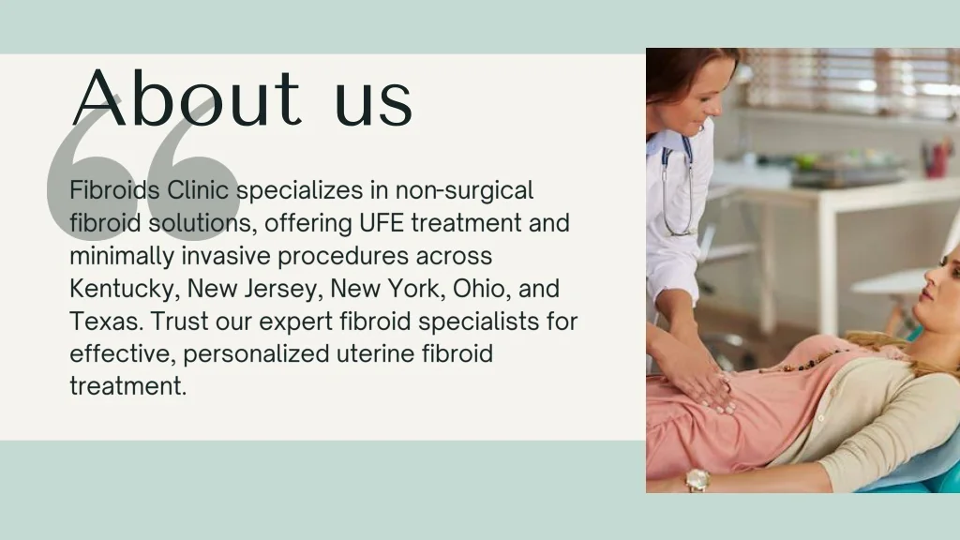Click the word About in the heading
pyautogui.click(x=187, y=97)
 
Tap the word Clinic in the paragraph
pyautogui.click(x=198, y=189)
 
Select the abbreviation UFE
pyautogui.click(x=382, y=223)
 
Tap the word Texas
pyautogui.click(x=106, y=321)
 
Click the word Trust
pyautogui.click(x=179, y=321)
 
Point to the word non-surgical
pyautogui.click(x=464, y=191)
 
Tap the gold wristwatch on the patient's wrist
pyautogui.click(x=697, y=479)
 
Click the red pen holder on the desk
pyautogui.click(x=937, y=160)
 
